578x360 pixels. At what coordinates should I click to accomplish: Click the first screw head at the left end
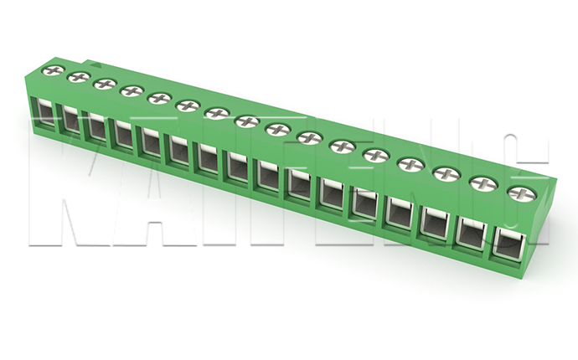54,70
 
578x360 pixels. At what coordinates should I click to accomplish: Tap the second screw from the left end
79,77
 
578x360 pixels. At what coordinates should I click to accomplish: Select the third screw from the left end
105,84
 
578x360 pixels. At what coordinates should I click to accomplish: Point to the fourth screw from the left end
132,90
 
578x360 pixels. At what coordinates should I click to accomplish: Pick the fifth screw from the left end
159,98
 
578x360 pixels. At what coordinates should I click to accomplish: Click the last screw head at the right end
522,193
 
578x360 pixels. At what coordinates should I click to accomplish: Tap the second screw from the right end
483,183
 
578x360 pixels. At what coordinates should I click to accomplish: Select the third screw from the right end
446,172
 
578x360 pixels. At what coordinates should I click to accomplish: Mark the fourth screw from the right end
411,163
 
